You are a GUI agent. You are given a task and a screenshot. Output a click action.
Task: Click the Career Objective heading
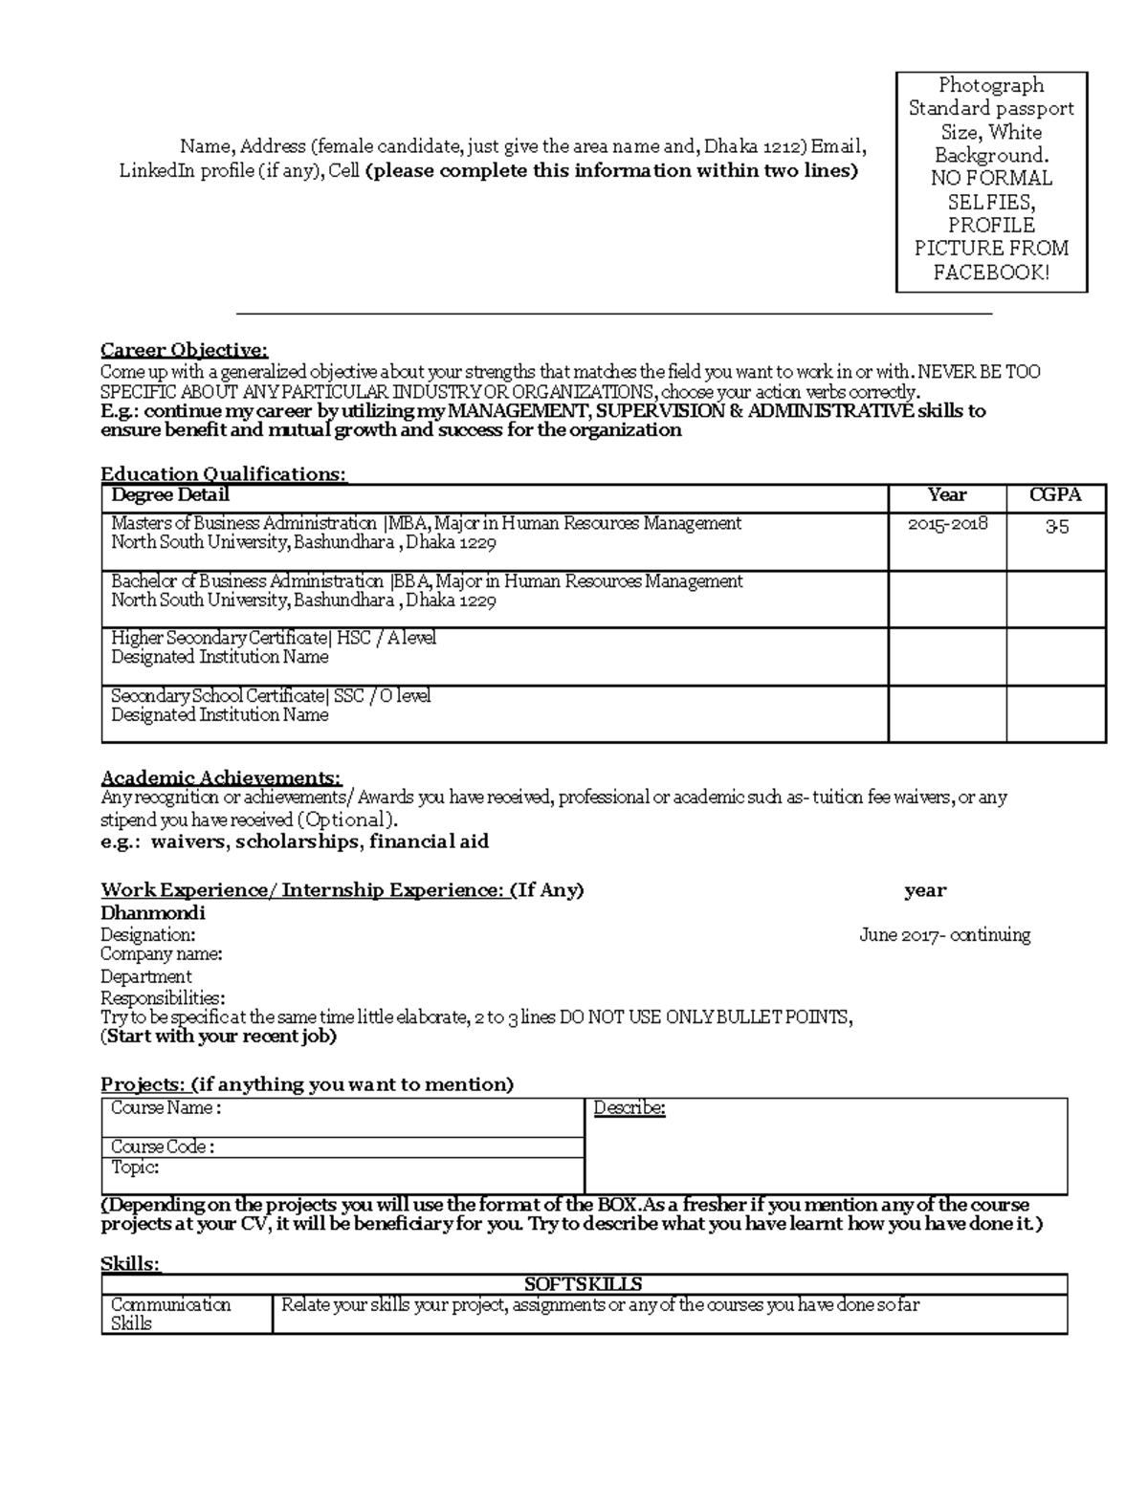(185, 350)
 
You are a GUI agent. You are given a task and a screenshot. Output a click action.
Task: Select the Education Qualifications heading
(224, 474)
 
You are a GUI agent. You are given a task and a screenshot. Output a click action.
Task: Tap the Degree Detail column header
(170, 495)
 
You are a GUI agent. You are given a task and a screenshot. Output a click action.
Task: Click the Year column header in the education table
(946, 495)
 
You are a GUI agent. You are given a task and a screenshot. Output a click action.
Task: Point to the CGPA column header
(1055, 495)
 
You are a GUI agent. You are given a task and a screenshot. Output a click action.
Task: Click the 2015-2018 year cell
(946, 524)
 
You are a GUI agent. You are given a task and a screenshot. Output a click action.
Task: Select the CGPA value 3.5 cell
(1056, 526)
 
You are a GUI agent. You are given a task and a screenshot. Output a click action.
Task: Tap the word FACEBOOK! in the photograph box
(991, 273)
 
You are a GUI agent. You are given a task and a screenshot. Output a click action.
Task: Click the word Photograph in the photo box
(991, 85)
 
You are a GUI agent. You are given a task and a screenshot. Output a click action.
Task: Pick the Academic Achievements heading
(221, 778)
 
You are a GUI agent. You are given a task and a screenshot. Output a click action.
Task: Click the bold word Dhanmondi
(153, 913)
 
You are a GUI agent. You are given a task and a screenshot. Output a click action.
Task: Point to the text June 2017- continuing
(944, 935)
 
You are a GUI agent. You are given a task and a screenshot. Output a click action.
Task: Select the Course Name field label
(166, 1108)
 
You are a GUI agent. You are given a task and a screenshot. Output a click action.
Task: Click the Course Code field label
(163, 1147)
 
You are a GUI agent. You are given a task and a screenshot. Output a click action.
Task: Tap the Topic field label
(135, 1168)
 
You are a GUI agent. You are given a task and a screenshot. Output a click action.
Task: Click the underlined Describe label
(629, 1108)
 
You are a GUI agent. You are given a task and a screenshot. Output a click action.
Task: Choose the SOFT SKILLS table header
(584, 1284)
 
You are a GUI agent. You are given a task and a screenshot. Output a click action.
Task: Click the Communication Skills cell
(171, 1314)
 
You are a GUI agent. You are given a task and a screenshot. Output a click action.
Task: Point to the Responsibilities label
(163, 998)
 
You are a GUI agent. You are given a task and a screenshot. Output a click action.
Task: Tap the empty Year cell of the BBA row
(946, 599)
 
